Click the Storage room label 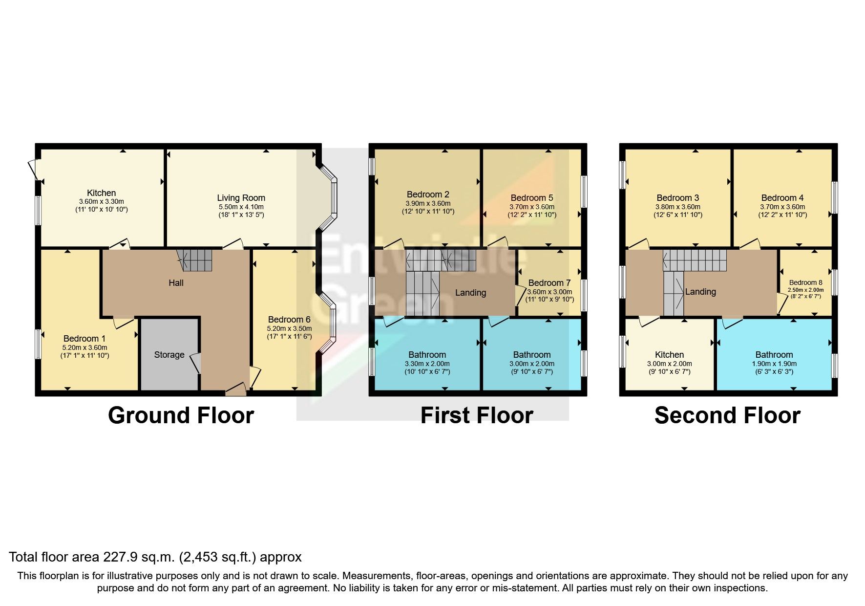[169, 355]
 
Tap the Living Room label [241, 198]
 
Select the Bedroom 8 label [805, 282]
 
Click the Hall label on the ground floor [176, 283]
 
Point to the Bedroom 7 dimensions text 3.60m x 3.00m [549, 292]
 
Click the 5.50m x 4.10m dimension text [241, 207]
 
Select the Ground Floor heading [181, 415]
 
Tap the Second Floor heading [727, 415]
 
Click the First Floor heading [476, 415]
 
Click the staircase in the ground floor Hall [195, 260]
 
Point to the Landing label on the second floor [700, 292]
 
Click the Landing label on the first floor [470, 293]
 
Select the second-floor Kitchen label [669, 355]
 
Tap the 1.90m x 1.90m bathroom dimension [774, 364]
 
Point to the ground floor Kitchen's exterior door [33, 169]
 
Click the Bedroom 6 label [289, 320]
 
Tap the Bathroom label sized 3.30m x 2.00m [427, 355]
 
